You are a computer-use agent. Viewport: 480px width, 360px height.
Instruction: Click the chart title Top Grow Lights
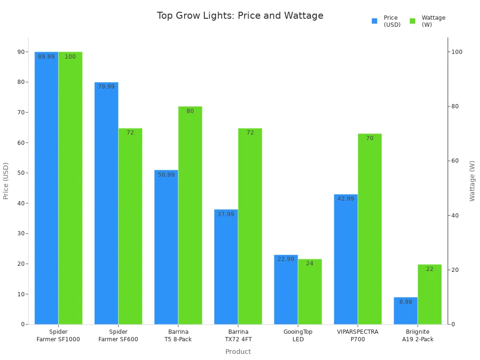pyautogui.click(x=240, y=16)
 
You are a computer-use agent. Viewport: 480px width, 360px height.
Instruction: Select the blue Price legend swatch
pyautogui.click(x=375, y=21)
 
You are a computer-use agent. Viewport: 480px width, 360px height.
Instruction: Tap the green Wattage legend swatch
pyautogui.click(x=412, y=21)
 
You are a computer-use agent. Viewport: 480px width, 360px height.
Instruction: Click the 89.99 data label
pyautogui.click(x=46, y=57)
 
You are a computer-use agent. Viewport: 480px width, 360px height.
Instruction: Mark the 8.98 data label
pyautogui.click(x=405, y=302)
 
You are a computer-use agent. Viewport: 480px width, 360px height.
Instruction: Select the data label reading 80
pyautogui.click(x=190, y=111)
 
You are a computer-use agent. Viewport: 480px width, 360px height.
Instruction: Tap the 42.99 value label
pyautogui.click(x=346, y=199)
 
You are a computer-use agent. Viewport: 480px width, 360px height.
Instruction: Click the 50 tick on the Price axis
pyautogui.click(x=21, y=173)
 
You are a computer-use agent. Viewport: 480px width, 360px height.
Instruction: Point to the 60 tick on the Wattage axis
pyautogui.click(x=455, y=161)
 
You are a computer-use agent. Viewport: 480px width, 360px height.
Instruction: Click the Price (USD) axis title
pyautogui.click(x=6, y=181)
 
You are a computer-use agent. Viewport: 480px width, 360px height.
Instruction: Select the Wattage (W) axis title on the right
pyautogui.click(x=472, y=181)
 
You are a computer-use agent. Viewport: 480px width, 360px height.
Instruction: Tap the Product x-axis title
pyautogui.click(x=238, y=352)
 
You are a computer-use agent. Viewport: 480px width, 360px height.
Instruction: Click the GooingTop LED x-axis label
pyautogui.click(x=298, y=336)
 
